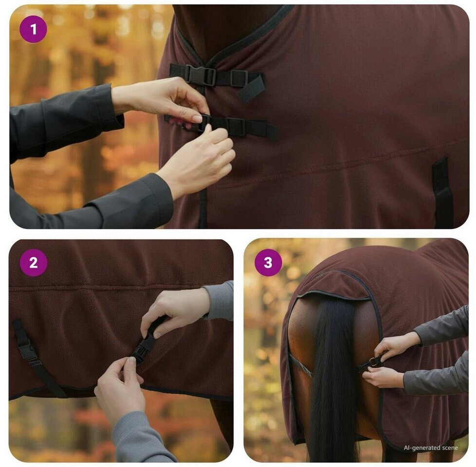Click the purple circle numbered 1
(x=33, y=29)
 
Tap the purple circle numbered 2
(x=34, y=263)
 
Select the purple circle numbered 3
(x=268, y=263)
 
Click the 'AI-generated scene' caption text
(x=430, y=448)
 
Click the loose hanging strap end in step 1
(x=251, y=89)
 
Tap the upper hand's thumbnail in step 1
(x=197, y=118)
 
